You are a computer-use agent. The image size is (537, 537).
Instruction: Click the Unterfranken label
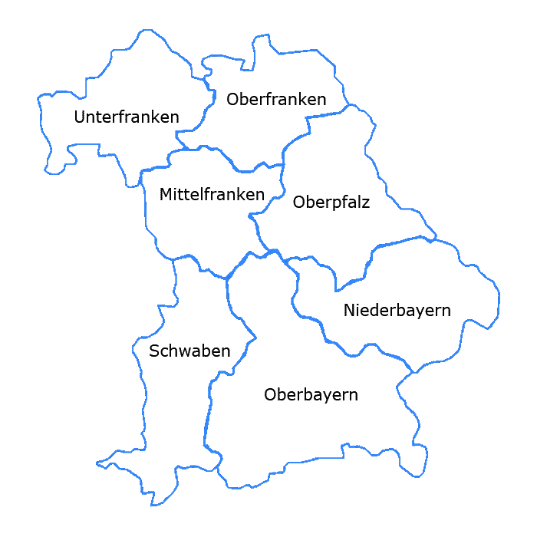point(127,117)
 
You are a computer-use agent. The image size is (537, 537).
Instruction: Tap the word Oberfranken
point(276,100)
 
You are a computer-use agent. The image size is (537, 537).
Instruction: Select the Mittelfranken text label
point(212,195)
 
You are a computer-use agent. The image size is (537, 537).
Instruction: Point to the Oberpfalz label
point(331,203)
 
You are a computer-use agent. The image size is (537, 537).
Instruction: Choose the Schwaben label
point(189,351)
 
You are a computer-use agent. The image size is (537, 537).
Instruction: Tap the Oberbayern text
point(311,395)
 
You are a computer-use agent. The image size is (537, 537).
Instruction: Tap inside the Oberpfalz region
point(338,169)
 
